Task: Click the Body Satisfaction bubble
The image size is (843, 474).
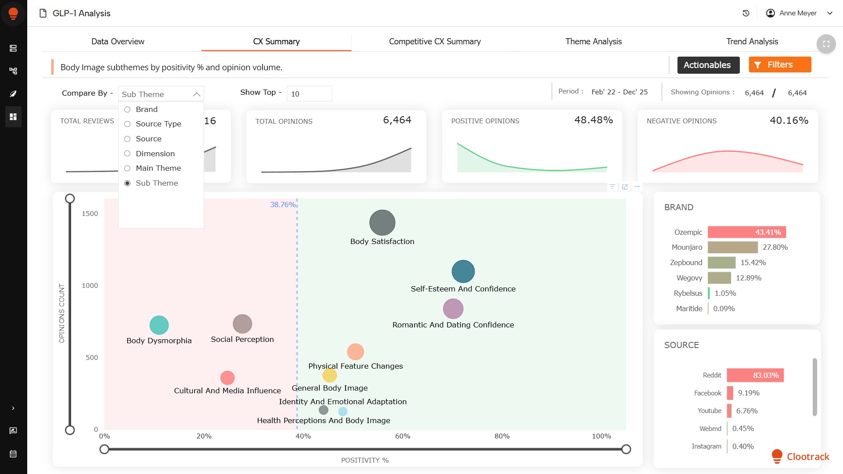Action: pos(382,223)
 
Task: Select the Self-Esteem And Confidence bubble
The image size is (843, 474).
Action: pos(463,271)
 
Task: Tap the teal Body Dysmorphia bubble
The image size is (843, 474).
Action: pos(159,325)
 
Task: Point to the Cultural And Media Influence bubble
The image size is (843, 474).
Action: pos(227,378)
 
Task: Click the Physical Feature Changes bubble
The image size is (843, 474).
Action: pos(355,352)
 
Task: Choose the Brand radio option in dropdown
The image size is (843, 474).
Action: pos(127,109)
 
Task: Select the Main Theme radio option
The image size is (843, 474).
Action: pos(127,168)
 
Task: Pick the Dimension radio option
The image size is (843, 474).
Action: pos(127,154)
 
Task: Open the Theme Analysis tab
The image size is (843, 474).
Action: pos(593,41)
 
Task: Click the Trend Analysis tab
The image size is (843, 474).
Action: pos(752,41)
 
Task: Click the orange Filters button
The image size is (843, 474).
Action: pos(780,65)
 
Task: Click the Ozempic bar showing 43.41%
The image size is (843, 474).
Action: pos(746,232)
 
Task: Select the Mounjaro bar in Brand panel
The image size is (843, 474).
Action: pos(732,248)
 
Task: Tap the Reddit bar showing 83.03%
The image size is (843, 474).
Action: pos(755,375)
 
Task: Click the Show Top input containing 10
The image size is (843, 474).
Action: pos(309,94)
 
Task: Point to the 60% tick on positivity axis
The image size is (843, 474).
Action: pos(403,436)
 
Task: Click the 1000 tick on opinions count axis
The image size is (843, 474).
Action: pos(90,286)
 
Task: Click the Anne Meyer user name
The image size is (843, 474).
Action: pos(798,13)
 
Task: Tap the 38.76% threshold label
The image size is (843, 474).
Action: pos(283,205)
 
